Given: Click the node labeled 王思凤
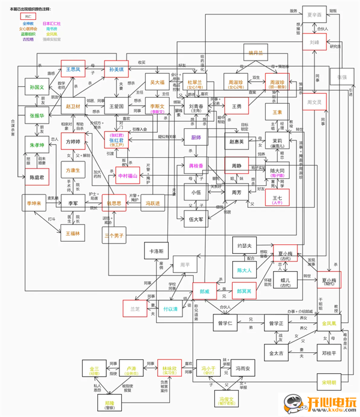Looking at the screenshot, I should (73, 70).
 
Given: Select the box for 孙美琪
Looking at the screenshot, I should (116, 70).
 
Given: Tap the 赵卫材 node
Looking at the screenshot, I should (73, 106).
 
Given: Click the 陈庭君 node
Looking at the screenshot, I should (37, 161).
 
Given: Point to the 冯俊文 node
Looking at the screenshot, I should (226, 399).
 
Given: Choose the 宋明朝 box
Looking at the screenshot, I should (329, 382).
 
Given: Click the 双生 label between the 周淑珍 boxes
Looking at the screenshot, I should (256, 77).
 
